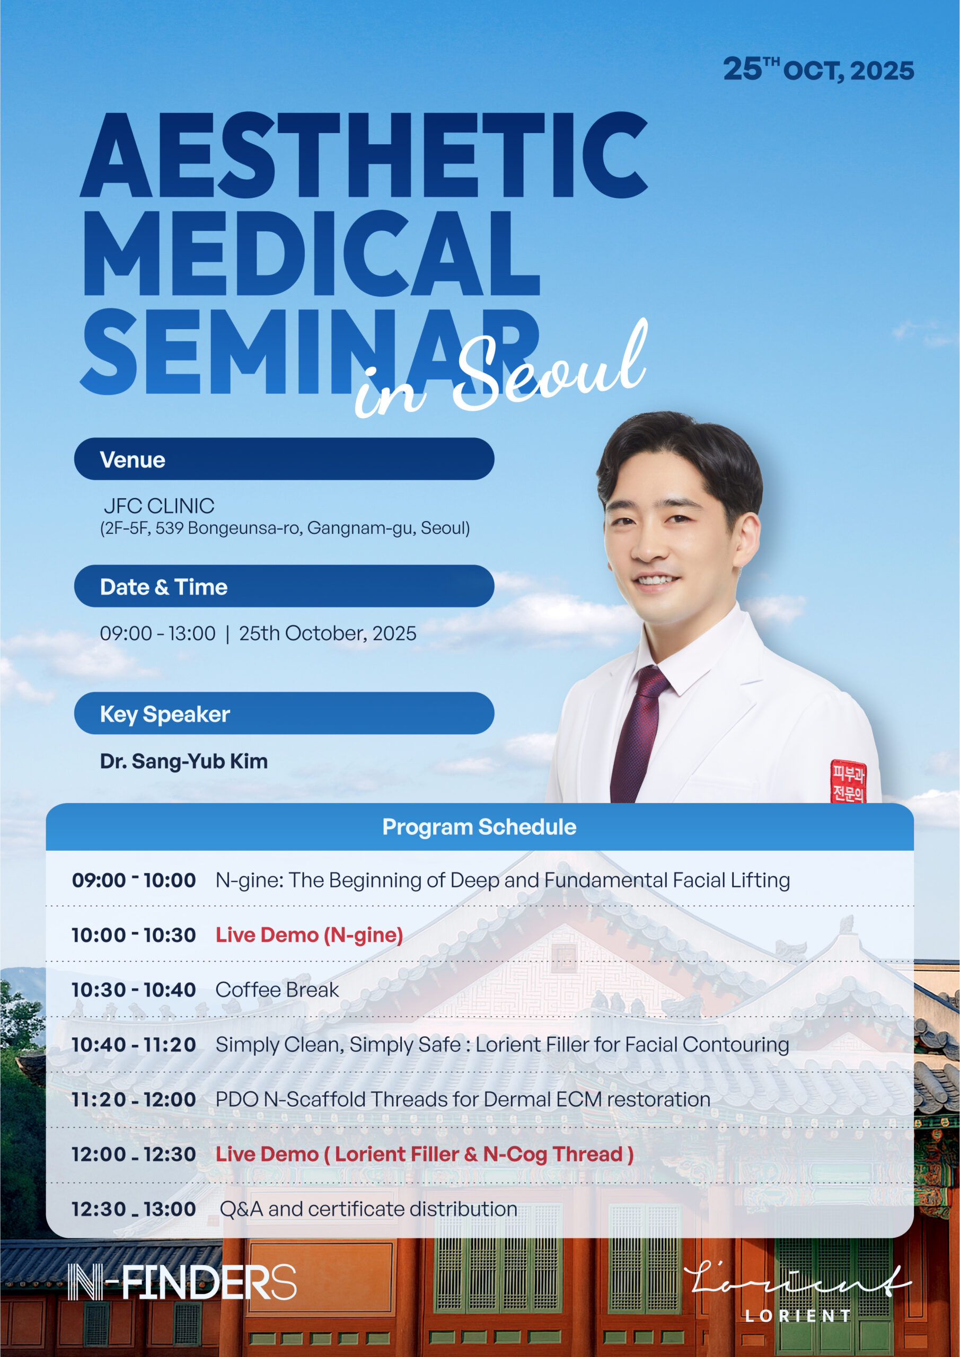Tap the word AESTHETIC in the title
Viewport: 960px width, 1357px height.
point(364,155)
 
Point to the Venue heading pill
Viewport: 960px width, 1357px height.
point(284,459)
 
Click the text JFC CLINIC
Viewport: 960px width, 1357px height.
point(159,506)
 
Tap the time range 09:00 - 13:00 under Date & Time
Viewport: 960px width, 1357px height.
point(158,633)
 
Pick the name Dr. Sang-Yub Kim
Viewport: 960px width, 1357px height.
point(184,761)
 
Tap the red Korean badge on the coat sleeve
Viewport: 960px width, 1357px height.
point(848,781)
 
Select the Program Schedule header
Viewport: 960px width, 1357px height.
point(479,826)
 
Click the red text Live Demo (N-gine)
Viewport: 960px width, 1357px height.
point(309,935)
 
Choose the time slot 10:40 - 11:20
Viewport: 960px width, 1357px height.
point(134,1044)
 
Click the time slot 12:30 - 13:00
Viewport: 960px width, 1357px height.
point(134,1209)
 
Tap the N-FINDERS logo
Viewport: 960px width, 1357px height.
point(181,1282)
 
